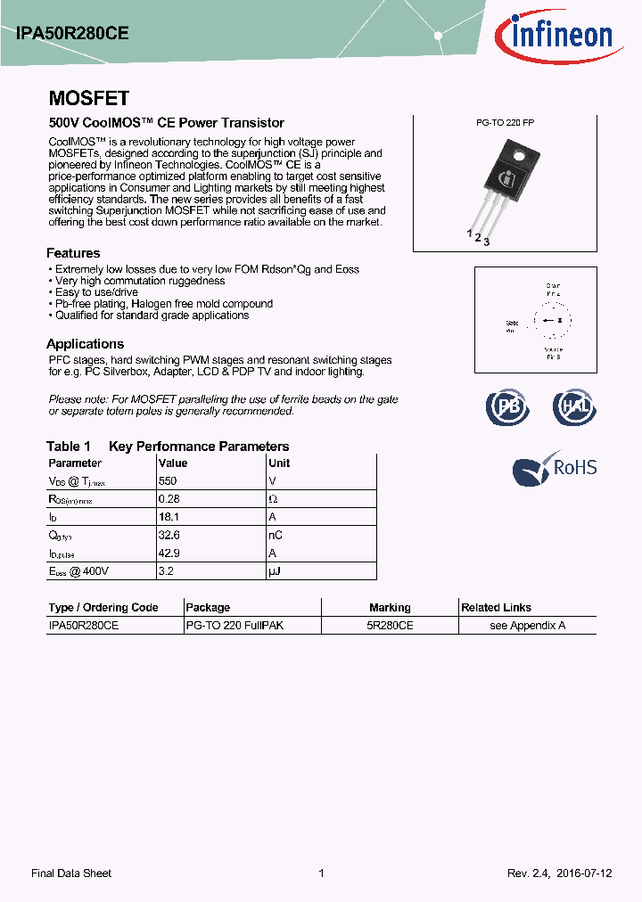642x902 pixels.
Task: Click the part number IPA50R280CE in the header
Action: click(72, 33)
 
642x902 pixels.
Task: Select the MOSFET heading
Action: click(88, 98)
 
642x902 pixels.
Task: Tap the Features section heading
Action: click(73, 253)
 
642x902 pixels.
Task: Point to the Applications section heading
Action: click(85, 344)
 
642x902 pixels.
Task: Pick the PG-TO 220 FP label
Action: click(505, 123)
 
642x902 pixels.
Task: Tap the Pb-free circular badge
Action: click(506, 406)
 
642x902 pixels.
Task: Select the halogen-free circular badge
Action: click(573, 406)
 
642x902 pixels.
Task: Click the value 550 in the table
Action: click(168, 480)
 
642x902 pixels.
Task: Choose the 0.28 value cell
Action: click(169, 499)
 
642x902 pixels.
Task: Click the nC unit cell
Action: click(276, 535)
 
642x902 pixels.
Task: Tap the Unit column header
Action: click(279, 463)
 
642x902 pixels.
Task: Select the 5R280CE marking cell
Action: click(390, 626)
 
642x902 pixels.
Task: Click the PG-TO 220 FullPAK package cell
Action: click(235, 626)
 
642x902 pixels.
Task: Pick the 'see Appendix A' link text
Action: click(528, 626)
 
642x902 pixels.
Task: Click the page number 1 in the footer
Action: click(321, 873)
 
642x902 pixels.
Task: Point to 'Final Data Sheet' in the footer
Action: click(71, 873)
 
